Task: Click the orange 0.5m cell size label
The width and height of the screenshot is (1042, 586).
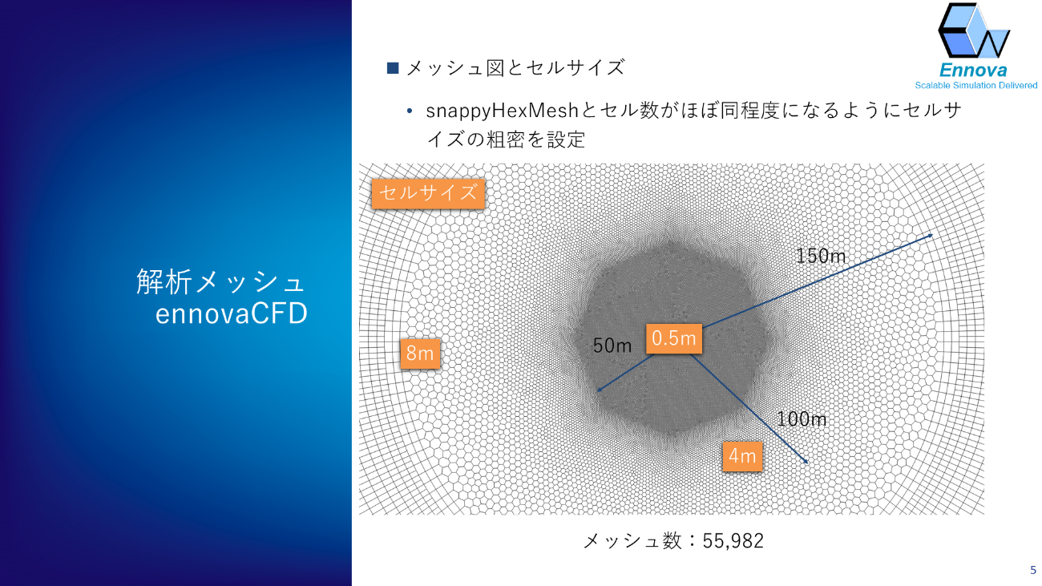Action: (x=674, y=338)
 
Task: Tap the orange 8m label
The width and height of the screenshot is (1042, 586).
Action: (x=420, y=354)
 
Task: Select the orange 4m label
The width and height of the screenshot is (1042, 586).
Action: (x=742, y=456)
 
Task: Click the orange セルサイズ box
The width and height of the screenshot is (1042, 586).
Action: (x=428, y=193)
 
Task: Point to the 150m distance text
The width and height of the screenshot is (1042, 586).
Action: (x=821, y=256)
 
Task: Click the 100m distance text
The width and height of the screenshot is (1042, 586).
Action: (x=802, y=419)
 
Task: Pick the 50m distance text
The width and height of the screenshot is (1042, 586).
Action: (x=612, y=346)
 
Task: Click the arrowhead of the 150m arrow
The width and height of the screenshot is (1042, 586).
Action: (x=931, y=236)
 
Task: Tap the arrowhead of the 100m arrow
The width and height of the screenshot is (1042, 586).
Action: (x=806, y=462)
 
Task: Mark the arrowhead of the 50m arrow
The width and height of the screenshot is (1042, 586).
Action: (x=600, y=390)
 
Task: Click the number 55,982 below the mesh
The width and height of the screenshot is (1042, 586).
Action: (x=733, y=541)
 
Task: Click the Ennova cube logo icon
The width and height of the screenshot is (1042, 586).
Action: (x=974, y=30)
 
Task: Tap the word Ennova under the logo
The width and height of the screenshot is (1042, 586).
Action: (x=973, y=71)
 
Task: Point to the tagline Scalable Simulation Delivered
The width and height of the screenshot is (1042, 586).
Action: (x=976, y=85)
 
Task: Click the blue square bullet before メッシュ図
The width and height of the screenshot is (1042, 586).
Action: (x=393, y=68)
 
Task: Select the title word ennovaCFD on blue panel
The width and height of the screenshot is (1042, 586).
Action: (x=231, y=313)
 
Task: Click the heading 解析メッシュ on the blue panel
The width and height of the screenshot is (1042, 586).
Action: (x=220, y=281)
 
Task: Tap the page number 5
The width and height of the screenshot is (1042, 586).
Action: (x=1033, y=570)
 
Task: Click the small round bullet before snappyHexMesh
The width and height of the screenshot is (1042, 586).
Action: (x=410, y=111)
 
